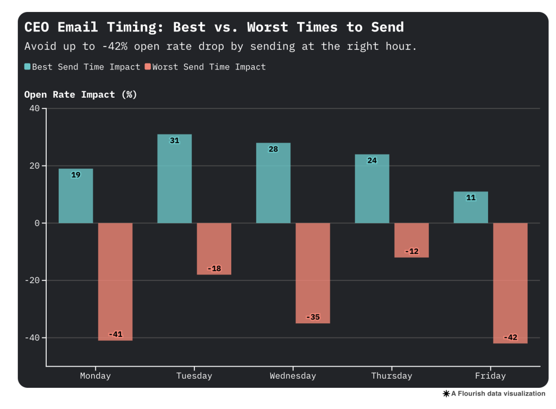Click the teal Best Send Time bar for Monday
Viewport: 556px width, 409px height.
pos(75,196)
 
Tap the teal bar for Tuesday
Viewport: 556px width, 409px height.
pos(174,178)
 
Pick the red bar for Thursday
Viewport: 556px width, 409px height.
pos(411,240)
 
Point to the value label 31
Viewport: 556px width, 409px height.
pos(174,140)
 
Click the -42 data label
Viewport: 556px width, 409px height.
pos(510,337)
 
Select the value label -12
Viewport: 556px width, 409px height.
pos(411,251)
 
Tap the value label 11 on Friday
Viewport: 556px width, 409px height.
pos(471,197)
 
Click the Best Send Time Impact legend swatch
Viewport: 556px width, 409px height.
pos(27,67)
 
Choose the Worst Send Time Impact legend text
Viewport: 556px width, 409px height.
pos(209,67)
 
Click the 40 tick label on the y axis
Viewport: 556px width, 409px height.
pos(34,108)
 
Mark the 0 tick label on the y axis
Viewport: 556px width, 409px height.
pos(37,223)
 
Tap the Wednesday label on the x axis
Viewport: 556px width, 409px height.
pos(293,375)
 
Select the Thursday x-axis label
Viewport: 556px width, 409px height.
pos(391,375)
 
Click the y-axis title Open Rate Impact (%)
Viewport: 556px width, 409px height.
pos(80,94)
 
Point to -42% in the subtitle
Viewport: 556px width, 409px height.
pos(114,46)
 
